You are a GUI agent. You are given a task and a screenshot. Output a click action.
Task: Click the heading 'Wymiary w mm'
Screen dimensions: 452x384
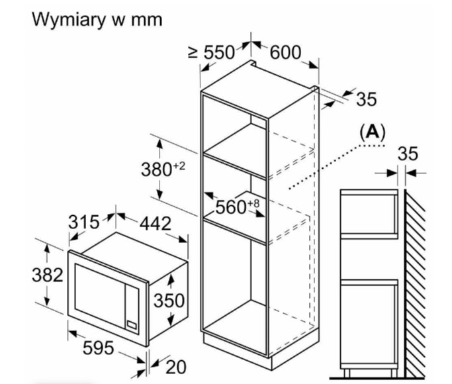[97, 20]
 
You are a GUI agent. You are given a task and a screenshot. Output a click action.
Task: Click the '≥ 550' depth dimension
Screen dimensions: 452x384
[212, 52]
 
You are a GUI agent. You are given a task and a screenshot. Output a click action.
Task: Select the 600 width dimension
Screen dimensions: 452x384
[285, 52]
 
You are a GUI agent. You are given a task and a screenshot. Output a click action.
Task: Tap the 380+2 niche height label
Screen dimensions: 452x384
[163, 169]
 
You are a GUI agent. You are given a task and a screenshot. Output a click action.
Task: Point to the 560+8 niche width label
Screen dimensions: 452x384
[237, 207]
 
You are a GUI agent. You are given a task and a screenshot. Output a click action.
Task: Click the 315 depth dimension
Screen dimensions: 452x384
[83, 222]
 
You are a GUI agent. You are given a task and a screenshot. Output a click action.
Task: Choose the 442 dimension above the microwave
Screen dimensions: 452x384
[156, 223]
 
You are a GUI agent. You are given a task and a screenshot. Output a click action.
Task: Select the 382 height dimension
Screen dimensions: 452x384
[47, 275]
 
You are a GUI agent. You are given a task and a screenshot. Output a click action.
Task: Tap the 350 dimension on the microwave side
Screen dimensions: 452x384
[169, 301]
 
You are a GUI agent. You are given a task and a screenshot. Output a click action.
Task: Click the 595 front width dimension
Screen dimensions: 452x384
[99, 348]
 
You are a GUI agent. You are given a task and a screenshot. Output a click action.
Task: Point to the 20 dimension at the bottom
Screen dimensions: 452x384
[176, 367]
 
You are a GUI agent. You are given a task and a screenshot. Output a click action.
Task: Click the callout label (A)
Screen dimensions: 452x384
[373, 132]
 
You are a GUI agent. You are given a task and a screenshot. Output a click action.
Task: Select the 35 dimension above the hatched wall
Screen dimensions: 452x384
[408, 154]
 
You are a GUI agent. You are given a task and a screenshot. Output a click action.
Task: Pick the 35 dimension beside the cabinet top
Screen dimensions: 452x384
[367, 99]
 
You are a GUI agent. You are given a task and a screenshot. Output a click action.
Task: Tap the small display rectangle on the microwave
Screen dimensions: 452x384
[132, 325]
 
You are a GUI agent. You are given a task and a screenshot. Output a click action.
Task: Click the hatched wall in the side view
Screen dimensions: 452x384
[414, 283]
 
